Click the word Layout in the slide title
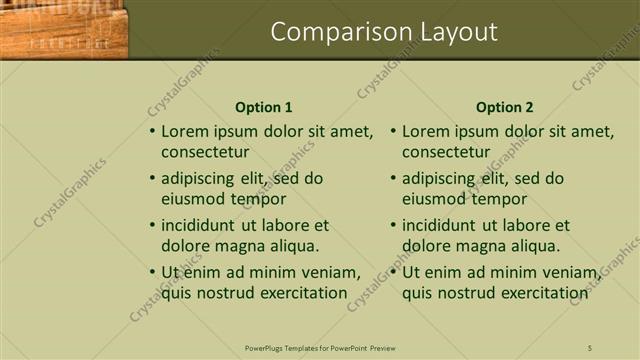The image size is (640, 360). tap(452, 32)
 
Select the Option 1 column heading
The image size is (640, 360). tap(264, 107)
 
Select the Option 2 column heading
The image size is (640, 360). tap(505, 107)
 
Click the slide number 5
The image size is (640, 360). tap(590, 348)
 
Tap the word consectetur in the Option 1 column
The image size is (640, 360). tap(205, 152)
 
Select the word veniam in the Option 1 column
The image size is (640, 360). tap(329, 272)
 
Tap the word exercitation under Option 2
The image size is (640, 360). tap(538, 293)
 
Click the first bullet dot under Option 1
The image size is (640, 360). tap(152, 131)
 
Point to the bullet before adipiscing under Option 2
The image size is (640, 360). tap(393, 179)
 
